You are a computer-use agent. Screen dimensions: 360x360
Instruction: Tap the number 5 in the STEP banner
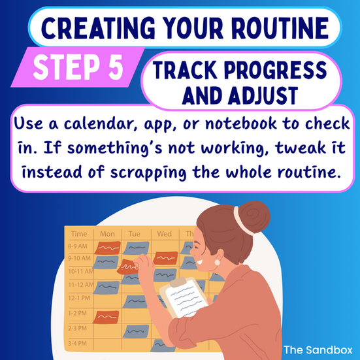point(116,67)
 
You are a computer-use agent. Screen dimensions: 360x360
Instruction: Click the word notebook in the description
point(241,123)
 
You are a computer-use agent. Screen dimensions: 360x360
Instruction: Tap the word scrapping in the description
point(148,172)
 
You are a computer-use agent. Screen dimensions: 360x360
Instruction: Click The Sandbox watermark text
point(318,350)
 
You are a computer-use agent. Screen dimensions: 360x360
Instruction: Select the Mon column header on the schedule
point(107,234)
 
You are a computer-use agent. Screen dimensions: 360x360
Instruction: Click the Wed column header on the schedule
point(165,234)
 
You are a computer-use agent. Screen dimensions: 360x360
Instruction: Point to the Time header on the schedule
point(79,234)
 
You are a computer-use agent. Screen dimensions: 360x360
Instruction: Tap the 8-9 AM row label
point(78,246)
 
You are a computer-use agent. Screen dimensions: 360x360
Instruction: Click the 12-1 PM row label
point(79,298)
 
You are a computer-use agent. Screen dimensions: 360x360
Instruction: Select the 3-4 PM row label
point(77,344)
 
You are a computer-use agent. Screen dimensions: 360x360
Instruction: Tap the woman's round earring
point(217,262)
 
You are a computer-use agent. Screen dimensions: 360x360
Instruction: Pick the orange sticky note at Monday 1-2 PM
point(106,317)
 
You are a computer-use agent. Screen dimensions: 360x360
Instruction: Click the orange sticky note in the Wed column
point(166,258)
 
